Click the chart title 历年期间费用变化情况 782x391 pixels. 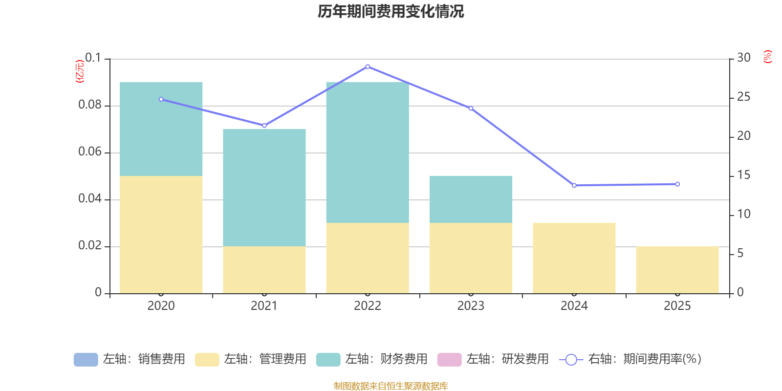(391, 12)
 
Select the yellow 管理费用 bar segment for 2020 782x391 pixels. (161, 235)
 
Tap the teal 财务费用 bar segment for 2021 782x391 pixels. (264, 188)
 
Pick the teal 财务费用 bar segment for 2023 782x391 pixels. (471, 199)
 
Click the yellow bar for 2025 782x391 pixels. (677, 270)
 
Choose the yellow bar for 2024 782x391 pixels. (574, 258)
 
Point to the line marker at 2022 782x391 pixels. (368, 66)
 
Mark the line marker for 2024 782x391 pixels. (574, 185)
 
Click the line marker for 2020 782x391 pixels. (161, 100)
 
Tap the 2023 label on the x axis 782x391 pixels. (471, 306)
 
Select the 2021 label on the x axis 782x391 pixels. (264, 306)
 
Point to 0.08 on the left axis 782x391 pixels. (90, 105)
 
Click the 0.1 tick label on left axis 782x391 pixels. (93, 58)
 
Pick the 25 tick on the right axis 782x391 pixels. (743, 97)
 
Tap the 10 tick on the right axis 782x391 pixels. (743, 214)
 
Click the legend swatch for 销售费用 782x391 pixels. (86, 360)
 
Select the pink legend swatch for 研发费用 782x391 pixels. (450, 360)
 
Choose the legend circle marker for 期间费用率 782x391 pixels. (571, 360)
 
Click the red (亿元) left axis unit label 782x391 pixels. (80, 71)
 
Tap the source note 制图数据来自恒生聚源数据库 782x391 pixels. (391, 386)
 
